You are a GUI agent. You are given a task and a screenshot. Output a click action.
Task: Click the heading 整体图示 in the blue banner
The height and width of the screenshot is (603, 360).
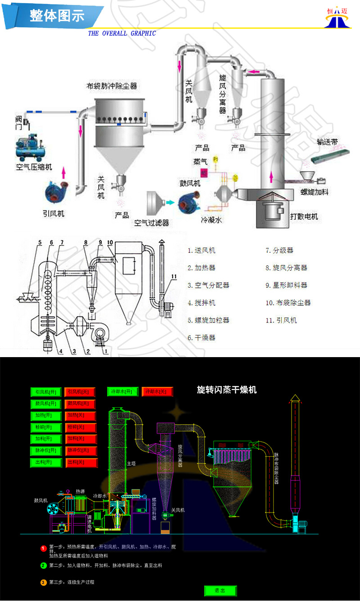point(57,16)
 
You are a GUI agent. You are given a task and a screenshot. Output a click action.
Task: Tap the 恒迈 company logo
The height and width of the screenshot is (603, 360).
point(337,17)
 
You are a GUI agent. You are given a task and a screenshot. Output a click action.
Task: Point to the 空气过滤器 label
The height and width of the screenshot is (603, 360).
point(151,222)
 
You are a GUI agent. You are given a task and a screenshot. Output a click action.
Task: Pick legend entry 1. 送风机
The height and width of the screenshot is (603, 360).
point(202,250)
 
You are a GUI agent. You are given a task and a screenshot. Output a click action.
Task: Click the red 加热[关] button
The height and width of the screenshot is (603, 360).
point(81,415)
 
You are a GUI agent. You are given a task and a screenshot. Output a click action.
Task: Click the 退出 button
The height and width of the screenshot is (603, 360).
point(220,590)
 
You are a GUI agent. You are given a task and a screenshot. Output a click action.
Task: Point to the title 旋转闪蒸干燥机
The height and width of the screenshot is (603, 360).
point(227,390)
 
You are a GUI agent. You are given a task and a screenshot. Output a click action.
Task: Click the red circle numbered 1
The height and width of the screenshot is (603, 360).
point(43,549)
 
